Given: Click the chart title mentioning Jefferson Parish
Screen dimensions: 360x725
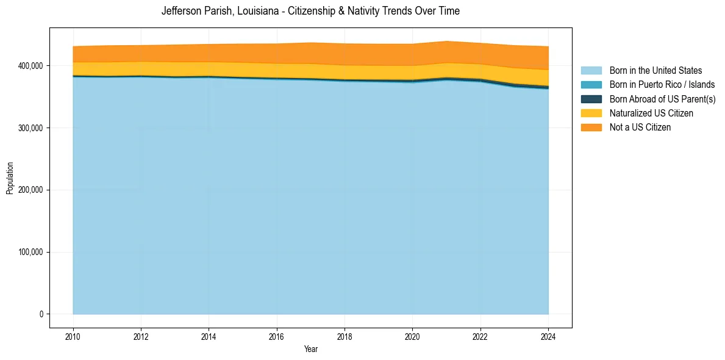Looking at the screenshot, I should pyautogui.click(x=310, y=11).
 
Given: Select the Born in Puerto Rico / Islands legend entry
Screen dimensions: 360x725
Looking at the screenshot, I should pyautogui.click(x=662, y=85).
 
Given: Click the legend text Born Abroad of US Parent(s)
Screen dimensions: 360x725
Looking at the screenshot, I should pyautogui.click(x=662, y=99).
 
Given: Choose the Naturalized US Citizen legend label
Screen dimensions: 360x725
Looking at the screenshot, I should pyautogui.click(x=651, y=113).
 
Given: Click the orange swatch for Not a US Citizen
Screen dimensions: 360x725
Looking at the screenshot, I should pyautogui.click(x=591, y=128).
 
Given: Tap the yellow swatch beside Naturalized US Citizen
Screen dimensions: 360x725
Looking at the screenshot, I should pyautogui.click(x=591, y=113).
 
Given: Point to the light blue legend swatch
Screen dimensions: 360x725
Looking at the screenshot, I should pyautogui.click(x=591, y=71).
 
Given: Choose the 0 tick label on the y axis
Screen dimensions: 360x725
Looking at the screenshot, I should pyautogui.click(x=42, y=314).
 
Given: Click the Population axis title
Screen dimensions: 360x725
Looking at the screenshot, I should pyautogui.click(x=10, y=178).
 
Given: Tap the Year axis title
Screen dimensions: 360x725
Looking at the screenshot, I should pyautogui.click(x=310, y=350).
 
